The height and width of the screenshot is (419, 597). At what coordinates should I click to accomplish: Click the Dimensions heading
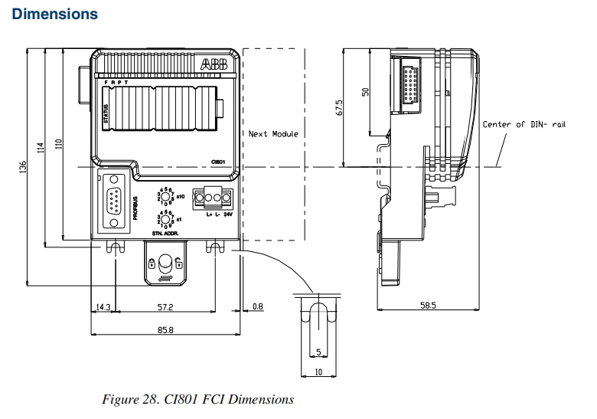coord(55,14)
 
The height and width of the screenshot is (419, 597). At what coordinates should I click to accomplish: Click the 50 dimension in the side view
coord(365,91)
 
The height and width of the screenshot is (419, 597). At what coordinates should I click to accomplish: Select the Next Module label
coord(273,134)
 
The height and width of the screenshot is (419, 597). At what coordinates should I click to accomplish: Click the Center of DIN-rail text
coord(524,124)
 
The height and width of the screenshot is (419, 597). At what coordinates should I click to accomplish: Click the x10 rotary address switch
coord(166,195)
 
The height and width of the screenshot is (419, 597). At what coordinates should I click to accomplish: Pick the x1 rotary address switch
coord(166,218)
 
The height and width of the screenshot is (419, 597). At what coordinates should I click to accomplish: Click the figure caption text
coord(197,399)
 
